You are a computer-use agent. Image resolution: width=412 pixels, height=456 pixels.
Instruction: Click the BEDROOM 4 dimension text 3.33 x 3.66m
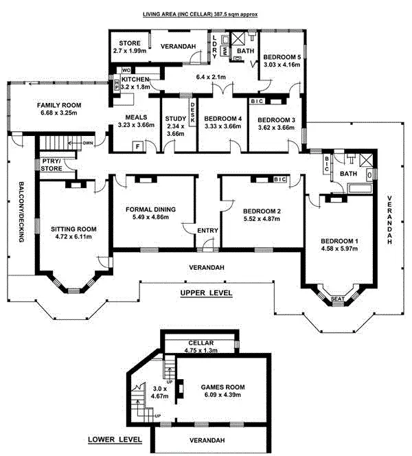(x=222, y=126)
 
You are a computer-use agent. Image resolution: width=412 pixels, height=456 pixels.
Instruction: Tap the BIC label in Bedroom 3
(x=257, y=102)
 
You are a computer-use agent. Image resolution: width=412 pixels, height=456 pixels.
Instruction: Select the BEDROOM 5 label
(x=282, y=57)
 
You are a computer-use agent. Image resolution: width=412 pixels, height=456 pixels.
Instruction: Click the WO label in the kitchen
(x=126, y=70)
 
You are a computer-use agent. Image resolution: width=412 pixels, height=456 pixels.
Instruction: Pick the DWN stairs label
(x=88, y=144)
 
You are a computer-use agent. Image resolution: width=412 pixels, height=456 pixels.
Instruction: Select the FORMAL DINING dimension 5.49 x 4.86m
(x=151, y=218)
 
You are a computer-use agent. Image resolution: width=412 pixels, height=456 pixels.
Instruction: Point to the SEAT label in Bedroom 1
(x=336, y=299)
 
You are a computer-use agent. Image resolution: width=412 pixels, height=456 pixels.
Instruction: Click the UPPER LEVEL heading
(x=206, y=293)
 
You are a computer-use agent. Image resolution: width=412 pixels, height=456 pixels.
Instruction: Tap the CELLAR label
(x=201, y=343)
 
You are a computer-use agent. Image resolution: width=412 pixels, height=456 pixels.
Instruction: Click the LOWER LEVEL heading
(x=115, y=439)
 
